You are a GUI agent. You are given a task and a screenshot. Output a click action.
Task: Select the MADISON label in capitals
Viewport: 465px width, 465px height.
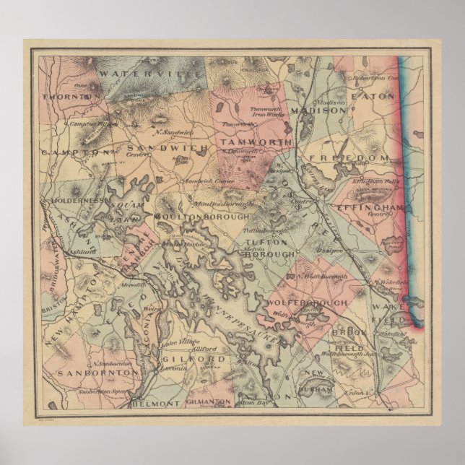coord(318,110)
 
